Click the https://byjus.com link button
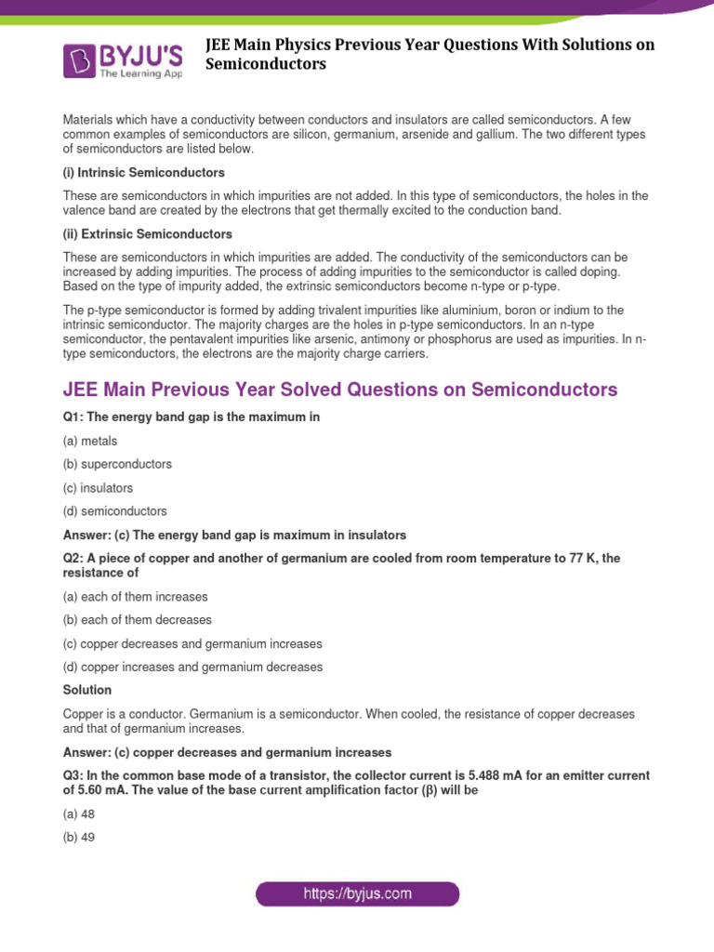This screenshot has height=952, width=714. pyautogui.click(x=357, y=894)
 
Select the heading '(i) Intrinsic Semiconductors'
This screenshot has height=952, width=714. pyautogui.click(x=143, y=173)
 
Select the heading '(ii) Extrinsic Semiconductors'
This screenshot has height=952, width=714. pyautogui.click(x=147, y=233)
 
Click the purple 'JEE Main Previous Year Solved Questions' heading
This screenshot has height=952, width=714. pyautogui.click(x=339, y=390)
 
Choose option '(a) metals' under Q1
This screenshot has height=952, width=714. pyautogui.click(x=90, y=441)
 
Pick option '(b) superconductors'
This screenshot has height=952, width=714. pyautogui.click(x=117, y=464)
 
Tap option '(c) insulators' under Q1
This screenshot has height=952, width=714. pyautogui.click(x=98, y=487)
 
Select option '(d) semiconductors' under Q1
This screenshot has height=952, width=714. pyautogui.click(x=115, y=510)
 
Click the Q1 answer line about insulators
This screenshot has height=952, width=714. pyautogui.click(x=234, y=535)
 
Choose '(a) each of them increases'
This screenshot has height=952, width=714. pyautogui.click(x=136, y=596)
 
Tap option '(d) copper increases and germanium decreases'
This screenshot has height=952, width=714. pyautogui.click(x=192, y=667)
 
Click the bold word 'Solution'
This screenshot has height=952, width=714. pyautogui.click(x=87, y=690)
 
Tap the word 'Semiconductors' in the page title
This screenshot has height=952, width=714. pyautogui.click(x=266, y=64)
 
